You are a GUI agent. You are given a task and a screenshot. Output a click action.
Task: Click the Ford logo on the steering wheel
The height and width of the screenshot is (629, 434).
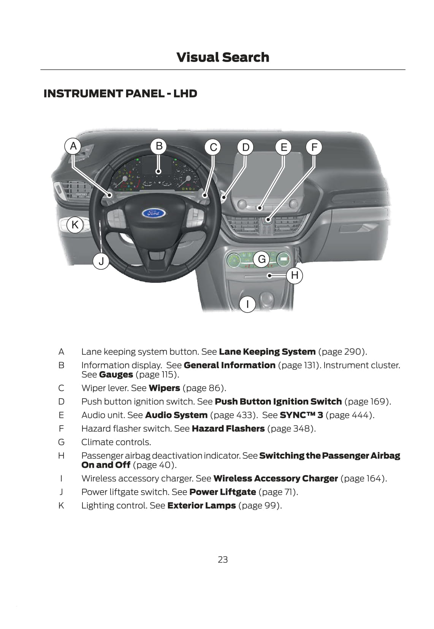click(154, 213)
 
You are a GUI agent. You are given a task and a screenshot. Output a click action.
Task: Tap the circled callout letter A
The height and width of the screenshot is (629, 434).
click(73, 146)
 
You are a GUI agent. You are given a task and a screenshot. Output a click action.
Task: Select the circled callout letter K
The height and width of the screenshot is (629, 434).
click(75, 224)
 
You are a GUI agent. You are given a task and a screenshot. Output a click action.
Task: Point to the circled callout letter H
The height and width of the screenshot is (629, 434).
click(295, 275)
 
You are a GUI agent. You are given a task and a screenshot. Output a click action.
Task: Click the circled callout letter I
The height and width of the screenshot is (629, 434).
click(247, 304)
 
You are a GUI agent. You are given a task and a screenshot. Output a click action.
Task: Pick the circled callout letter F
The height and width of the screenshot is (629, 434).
click(314, 147)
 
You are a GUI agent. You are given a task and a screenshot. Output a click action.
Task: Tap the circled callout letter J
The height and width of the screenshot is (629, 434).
click(101, 261)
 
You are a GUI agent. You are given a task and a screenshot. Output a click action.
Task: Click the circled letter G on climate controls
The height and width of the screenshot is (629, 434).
click(262, 259)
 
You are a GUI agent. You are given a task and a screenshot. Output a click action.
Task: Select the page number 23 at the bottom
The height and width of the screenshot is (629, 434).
click(223, 559)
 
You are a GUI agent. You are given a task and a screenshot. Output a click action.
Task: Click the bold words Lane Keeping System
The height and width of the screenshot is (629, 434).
click(267, 352)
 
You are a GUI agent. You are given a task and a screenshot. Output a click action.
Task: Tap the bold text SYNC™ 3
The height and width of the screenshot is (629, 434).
click(301, 415)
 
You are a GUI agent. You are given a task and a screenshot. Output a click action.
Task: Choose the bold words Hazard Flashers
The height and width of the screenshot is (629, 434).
click(228, 429)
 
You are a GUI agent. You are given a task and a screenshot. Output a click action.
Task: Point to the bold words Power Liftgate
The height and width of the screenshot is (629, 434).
click(222, 492)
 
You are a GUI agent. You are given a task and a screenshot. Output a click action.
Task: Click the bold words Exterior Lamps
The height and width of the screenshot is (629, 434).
click(201, 505)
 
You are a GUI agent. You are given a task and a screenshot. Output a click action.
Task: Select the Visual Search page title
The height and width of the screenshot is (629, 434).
click(223, 57)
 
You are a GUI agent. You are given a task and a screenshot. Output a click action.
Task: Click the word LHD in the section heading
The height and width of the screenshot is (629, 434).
click(185, 94)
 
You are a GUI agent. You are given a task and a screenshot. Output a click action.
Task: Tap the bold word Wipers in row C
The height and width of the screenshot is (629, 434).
click(164, 388)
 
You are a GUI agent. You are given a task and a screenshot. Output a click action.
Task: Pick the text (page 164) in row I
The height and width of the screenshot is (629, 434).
click(364, 478)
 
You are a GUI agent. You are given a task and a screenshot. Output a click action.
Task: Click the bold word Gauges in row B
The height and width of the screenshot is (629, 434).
click(116, 375)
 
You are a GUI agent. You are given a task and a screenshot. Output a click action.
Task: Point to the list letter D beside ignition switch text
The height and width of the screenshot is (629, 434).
click(61, 402)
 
